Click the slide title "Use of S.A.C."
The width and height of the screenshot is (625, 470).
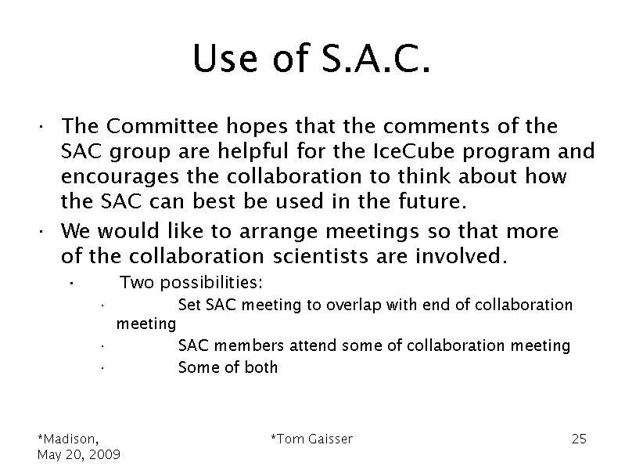(311, 58)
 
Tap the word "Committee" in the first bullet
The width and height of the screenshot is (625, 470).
(162, 126)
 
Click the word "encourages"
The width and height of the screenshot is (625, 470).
(120, 177)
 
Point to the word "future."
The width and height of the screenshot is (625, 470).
(432, 201)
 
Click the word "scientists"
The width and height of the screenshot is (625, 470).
(321, 256)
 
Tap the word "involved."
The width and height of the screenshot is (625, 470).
(462, 256)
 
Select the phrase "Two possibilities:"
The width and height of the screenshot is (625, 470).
(192, 283)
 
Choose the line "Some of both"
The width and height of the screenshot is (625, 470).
(228, 367)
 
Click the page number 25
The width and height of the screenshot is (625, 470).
(579, 439)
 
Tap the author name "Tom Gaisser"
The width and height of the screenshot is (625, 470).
(314, 439)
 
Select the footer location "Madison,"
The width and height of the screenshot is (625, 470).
(70, 439)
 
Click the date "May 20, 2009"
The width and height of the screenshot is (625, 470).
(79, 455)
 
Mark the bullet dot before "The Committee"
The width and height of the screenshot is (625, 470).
(41, 128)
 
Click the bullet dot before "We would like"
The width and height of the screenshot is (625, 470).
(41, 233)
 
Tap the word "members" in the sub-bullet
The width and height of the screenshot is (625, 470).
(249, 345)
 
